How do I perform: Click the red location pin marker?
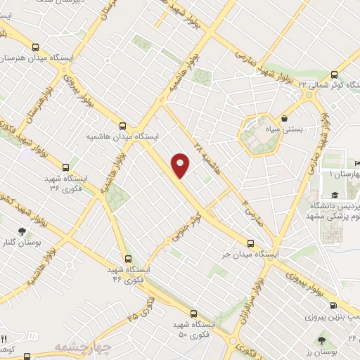coord(181,165)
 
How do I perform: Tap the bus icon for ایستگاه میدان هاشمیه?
coord(124,122)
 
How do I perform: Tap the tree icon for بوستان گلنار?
coord(22,231)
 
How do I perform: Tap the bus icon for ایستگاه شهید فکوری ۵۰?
coord(194,313)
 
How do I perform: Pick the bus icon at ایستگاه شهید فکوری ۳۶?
coord(65,167)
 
